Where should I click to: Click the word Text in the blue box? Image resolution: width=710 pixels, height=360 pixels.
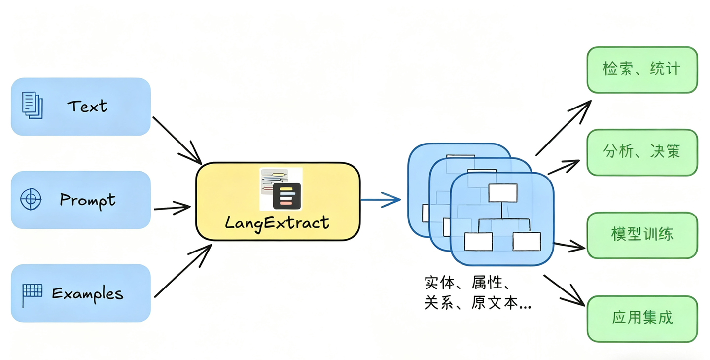tap(87, 106)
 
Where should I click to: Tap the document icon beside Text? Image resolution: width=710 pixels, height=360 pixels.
tap(33, 105)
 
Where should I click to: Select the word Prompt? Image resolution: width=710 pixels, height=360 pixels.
tap(88, 200)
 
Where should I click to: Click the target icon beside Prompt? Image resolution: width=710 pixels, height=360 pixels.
tap(31, 200)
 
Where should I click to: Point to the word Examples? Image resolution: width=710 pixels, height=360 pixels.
tap(88, 293)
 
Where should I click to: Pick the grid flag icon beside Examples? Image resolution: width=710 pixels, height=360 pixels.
tap(32, 294)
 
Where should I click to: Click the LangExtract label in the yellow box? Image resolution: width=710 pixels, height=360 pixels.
tap(277, 222)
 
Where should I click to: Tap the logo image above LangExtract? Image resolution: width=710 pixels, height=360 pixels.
tap(281, 189)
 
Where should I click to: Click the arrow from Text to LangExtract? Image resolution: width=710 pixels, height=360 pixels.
tap(177, 140)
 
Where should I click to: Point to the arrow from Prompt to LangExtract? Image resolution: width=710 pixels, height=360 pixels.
tap(172, 207)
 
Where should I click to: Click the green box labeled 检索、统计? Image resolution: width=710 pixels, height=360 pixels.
tap(641, 70)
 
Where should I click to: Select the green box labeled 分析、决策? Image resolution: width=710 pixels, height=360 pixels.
tap(641, 152)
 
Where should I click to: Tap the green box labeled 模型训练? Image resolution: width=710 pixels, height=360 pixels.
tap(641, 235)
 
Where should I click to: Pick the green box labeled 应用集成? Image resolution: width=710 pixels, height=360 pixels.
tap(641, 318)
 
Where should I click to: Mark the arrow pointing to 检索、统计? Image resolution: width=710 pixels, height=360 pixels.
tap(563, 128)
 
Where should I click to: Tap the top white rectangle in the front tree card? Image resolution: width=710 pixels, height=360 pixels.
tap(502, 193)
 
